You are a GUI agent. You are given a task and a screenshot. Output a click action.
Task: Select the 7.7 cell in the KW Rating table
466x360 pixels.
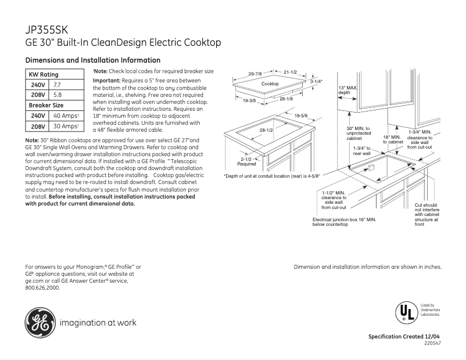[x=58, y=85]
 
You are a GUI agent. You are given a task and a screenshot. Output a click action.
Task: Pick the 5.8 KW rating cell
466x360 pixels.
[x=58, y=95]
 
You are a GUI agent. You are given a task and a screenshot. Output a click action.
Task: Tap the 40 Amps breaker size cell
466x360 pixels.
[x=65, y=116]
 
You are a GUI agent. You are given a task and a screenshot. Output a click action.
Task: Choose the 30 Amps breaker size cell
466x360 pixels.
[x=65, y=126]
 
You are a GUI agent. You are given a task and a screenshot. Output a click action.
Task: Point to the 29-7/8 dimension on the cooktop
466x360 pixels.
[x=255, y=74]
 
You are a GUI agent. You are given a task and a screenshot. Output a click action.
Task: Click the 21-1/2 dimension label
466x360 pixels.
[x=290, y=72]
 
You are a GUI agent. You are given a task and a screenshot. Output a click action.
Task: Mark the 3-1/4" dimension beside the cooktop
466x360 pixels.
[x=316, y=81]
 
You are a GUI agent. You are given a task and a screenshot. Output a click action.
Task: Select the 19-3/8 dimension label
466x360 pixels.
[x=249, y=100]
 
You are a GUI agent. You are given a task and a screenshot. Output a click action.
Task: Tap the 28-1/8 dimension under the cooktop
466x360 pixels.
[x=286, y=99]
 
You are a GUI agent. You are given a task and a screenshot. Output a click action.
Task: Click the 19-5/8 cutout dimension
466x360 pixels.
[x=301, y=116]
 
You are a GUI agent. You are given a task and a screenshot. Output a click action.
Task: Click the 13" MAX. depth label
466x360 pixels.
[x=347, y=90]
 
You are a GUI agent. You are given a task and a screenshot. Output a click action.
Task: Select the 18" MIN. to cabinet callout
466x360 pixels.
[x=393, y=139]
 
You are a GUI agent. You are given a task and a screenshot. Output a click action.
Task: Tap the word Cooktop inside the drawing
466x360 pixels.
[x=270, y=84]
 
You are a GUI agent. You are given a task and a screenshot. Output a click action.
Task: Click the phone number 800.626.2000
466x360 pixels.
[x=43, y=287]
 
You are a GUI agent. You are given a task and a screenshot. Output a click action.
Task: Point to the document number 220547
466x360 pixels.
[x=433, y=344]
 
